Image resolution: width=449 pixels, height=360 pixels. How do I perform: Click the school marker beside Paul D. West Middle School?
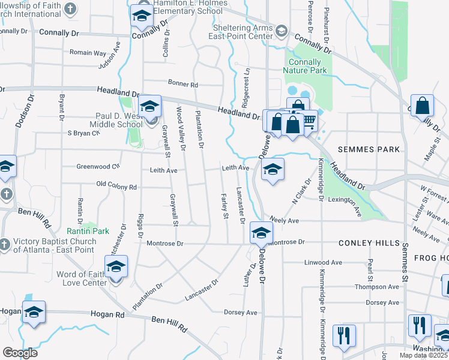coord(149,108)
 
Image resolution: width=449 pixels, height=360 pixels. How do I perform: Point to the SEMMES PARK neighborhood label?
coord(368,149)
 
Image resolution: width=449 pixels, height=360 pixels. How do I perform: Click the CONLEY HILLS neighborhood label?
coord(369,243)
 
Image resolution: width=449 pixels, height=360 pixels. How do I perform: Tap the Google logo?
coord(20,353)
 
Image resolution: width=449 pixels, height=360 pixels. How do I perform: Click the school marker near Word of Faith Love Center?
coord(116,267)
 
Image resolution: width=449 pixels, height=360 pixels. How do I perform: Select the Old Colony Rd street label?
coord(116,187)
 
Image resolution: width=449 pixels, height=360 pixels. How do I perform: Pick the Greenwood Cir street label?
coord(98,166)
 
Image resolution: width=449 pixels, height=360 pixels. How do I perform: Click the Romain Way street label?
coord(88,53)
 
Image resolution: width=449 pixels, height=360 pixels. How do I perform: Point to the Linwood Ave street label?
coord(323,263)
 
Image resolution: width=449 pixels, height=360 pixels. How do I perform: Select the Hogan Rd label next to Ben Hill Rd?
coord(107,314)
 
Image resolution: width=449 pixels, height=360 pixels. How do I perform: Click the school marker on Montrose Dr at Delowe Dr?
coord(261,234)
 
